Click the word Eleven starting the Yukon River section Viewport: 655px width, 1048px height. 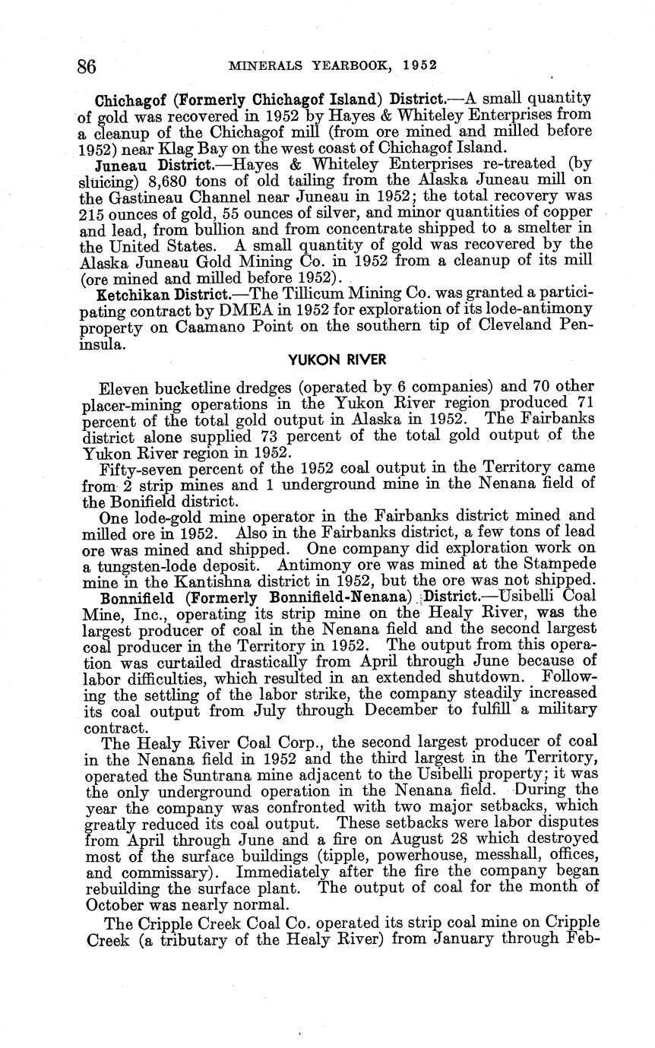point(122,386)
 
